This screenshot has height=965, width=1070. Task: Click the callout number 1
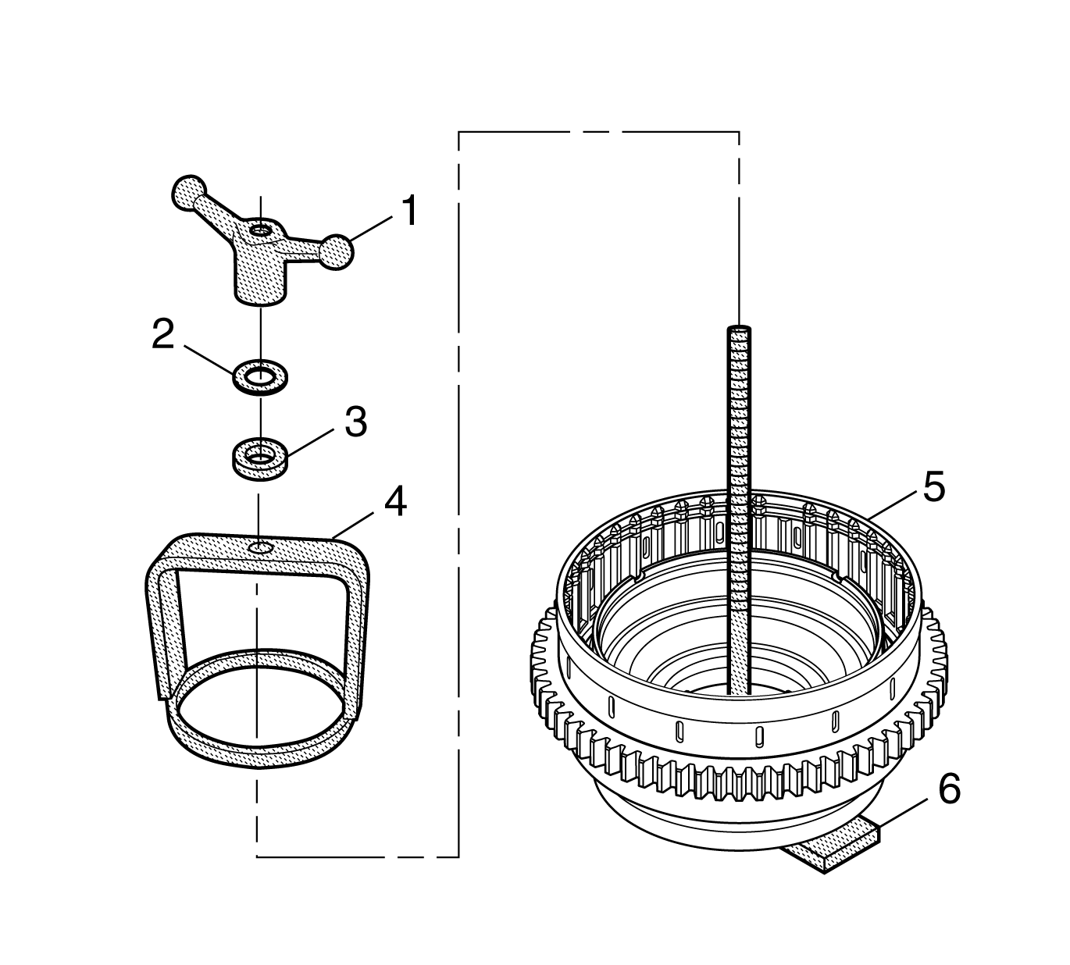[x=408, y=212]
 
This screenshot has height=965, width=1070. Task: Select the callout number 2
[x=163, y=334]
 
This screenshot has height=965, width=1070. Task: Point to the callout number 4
[x=394, y=502]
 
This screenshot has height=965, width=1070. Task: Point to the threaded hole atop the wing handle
[x=259, y=230]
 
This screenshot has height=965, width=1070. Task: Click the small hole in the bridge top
[x=259, y=550]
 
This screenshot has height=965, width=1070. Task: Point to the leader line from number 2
[x=205, y=356]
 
